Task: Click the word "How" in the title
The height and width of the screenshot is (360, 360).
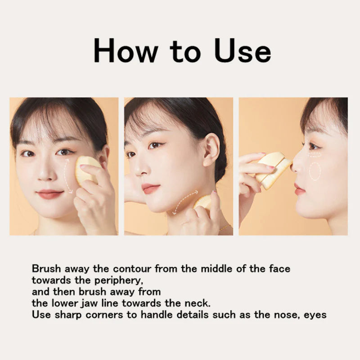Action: pos(126,51)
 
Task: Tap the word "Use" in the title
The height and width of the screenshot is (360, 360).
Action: pos(243,51)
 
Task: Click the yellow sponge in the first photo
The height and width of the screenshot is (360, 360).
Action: pos(86,171)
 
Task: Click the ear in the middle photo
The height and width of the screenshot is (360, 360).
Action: pos(211,150)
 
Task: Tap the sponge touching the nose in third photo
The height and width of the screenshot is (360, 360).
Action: pos(273,170)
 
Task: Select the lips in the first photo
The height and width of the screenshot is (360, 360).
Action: pos(49,194)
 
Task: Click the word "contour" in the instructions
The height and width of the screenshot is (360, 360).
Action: pos(132,269)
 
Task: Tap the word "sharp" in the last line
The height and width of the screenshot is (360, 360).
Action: pos(68,315)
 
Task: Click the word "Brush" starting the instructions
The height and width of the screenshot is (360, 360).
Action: pos(46,268)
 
